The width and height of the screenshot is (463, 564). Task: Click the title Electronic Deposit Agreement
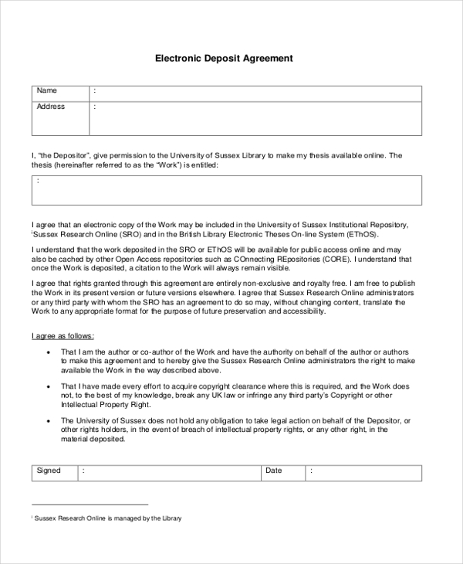coord(225,58)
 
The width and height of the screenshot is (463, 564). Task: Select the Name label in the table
coord(47,91)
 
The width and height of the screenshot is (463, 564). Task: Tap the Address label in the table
coord(51,107)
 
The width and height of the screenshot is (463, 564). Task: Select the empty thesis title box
coord(227,190)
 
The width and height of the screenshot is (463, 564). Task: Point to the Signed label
coord(49,471)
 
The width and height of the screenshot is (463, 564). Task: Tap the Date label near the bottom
coord(273,471)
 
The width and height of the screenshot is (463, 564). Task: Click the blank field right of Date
coord(363,472)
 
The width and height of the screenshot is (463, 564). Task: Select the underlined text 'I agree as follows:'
coord(63,336)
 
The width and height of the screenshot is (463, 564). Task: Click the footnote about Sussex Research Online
coord(107,518)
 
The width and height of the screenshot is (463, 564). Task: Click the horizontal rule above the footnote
coord(89,505)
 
